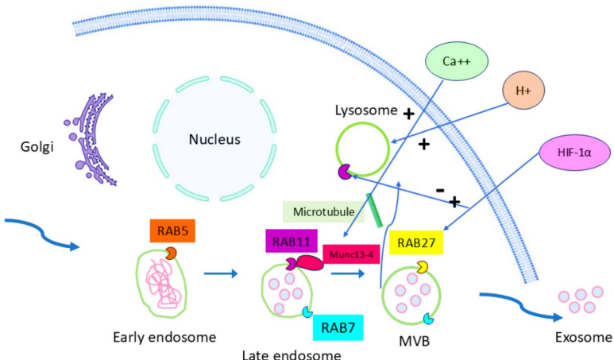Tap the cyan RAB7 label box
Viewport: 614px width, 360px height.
[338, 327]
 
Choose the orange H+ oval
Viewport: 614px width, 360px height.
[523, 91]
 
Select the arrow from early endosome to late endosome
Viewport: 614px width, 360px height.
[221, 275]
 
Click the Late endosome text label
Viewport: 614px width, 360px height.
[292, 354]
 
